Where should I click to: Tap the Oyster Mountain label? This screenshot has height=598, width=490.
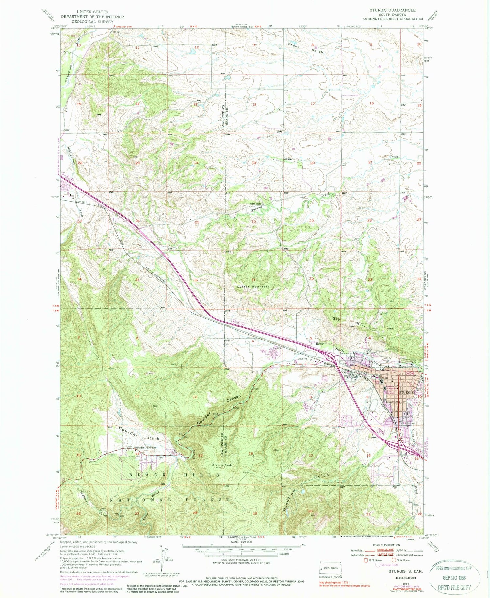(253, 287)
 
